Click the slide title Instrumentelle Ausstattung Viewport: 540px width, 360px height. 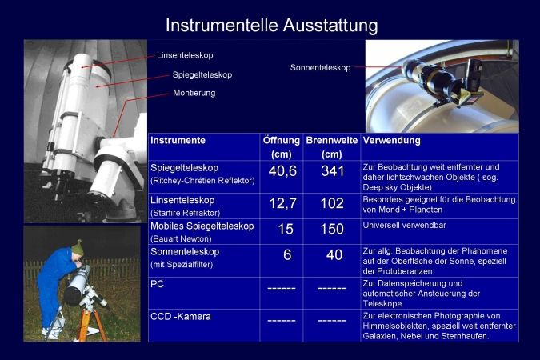[x=272, y=26]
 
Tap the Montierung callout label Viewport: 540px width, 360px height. [x=194, y=93]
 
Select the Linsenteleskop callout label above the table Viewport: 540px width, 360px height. [x=185, y=55]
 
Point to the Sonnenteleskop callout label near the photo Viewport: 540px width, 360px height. [x=320, y=67]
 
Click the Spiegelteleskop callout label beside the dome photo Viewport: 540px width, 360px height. [x=202, y=74]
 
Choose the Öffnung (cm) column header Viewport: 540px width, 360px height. [x=282, y=147]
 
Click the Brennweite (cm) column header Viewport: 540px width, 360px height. [x=332, y=147]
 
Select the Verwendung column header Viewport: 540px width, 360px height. [x=391, y=140]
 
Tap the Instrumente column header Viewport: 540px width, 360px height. [x=178, y=140]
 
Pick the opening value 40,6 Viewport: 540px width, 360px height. [x=282, y=171]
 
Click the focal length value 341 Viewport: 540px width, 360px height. [x=332, y=171]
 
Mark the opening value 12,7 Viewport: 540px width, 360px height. [x=282, y=203]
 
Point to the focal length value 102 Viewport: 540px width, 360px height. [x=332, y=203]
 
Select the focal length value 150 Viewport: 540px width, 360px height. [x=332, y=229]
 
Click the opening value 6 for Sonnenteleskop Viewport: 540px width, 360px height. [x=287, y=255]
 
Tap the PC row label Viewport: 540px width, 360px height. [x=157, y=284]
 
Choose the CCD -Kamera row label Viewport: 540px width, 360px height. [x=181, y=317]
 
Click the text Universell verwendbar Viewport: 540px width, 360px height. [x=404, y=226]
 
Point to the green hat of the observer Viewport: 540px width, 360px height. [x=78, y=247]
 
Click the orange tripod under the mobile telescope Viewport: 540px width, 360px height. [x=90, y=322]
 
